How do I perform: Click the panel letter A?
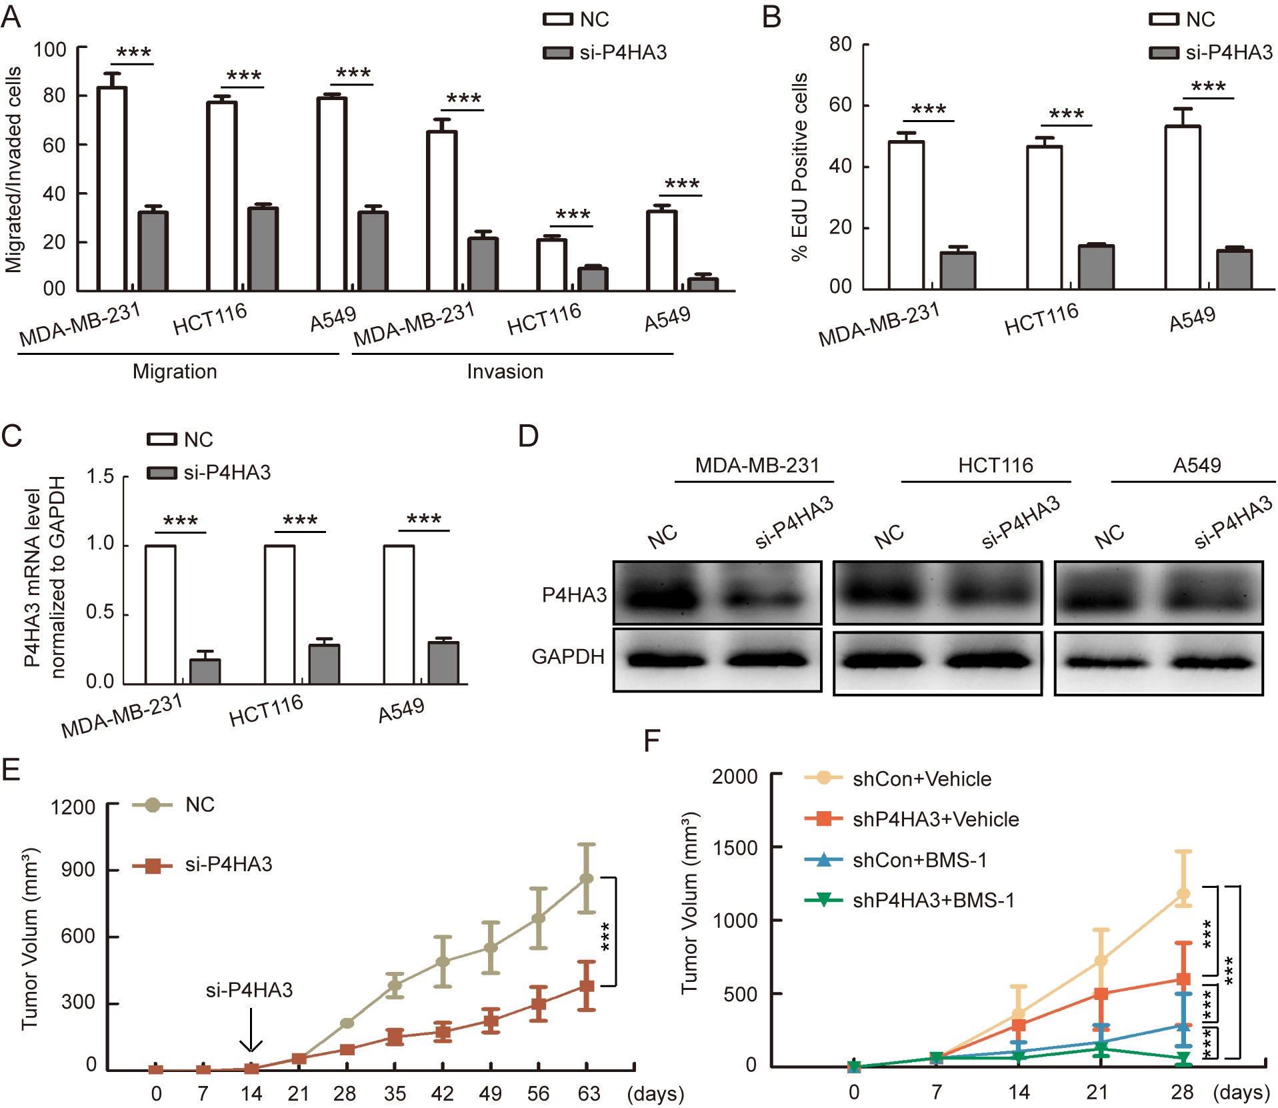click(11, 17)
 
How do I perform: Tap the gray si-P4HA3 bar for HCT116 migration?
click(263, 249)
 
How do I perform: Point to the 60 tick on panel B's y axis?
click(841, 105)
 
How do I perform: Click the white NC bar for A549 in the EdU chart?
click(1182, 207)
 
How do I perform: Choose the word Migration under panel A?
click(175, 372)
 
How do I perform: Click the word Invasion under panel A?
click(505, 372)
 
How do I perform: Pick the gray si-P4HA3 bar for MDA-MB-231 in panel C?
click(205, 671)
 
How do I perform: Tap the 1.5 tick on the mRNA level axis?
click(100, 476)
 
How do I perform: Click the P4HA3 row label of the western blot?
click(574, 594)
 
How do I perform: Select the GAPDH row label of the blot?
click(568, 657)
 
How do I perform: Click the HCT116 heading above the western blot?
click(995, 465)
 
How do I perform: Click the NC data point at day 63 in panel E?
click(587, 879)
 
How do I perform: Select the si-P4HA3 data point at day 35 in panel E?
click(395, 1037)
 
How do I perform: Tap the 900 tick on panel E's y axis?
click(78, 869)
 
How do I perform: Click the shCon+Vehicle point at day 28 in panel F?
click(1183, 894)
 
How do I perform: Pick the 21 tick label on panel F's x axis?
click(1097, 1092)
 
